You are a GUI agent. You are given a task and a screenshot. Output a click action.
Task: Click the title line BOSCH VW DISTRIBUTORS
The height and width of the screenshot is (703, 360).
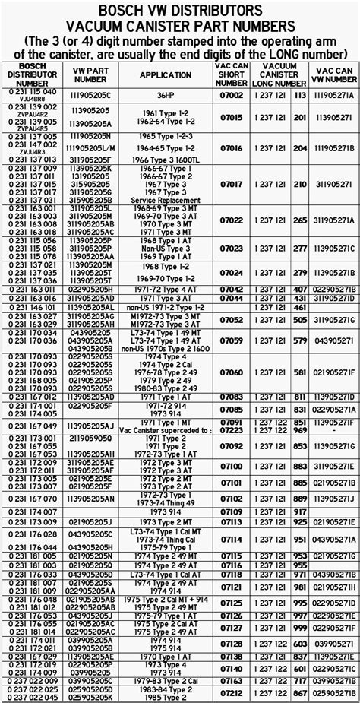(x=180, y=9)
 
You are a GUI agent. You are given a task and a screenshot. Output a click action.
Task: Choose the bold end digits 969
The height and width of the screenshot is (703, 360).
(x=299, y=430)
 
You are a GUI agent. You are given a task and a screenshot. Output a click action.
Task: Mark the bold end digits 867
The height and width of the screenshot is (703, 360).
(x=299, y=695)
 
